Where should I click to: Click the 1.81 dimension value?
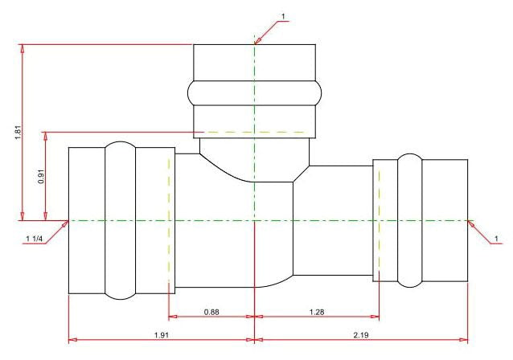coord(18,133)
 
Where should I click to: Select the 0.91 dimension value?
coord(41,177)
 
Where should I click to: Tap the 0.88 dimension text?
coord(211,312)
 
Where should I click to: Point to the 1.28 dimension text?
coord(317,312)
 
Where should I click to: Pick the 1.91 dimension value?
coord(162,335)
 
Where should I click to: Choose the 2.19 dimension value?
coord(361,335)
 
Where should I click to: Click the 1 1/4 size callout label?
coord(35,239)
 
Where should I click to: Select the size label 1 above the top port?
coord(283,16)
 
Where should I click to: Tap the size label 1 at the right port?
coord(496,239)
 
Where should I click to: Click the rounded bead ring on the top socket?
coord(255,93)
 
